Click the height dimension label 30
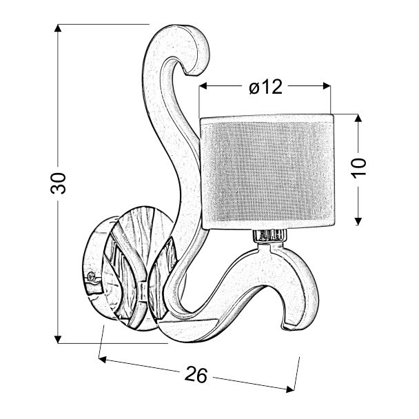(58, 183)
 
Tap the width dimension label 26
(196, 374)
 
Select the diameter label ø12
(265, 87)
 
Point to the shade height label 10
(358, 167)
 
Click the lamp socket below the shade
(270, 235)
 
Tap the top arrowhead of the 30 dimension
(58, 28)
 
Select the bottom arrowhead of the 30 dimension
(58, 339)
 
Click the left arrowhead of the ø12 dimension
(203, 86)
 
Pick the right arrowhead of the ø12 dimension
(327, 86)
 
